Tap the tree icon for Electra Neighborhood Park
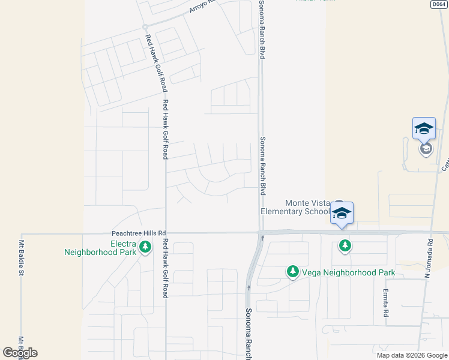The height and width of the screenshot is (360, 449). (x=145, y=246)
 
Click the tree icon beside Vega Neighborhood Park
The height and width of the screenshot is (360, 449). (x=293, y=272)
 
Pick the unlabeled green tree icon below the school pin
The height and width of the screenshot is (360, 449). (x=345, y=245)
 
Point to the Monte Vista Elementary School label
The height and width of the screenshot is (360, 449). (x=295, y=207)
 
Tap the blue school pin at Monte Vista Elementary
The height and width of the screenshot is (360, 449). (x=342, y=214)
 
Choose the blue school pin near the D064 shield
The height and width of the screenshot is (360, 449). (x=424, y=128)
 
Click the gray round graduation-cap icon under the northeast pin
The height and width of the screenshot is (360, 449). (x=426, y=148)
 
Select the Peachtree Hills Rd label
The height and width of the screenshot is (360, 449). (x=139, y=233)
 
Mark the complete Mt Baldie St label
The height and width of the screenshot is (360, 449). (x=21, y=258)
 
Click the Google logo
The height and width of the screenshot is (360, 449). (x=20, y=353)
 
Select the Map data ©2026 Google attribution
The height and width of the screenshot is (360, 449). (x=411, y=355)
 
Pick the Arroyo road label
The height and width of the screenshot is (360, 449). (x=202, y=7)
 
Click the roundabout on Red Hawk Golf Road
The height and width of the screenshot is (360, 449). (x=145, y=27)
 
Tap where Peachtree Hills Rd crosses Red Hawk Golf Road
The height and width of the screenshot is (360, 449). (x=165, y=233)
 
